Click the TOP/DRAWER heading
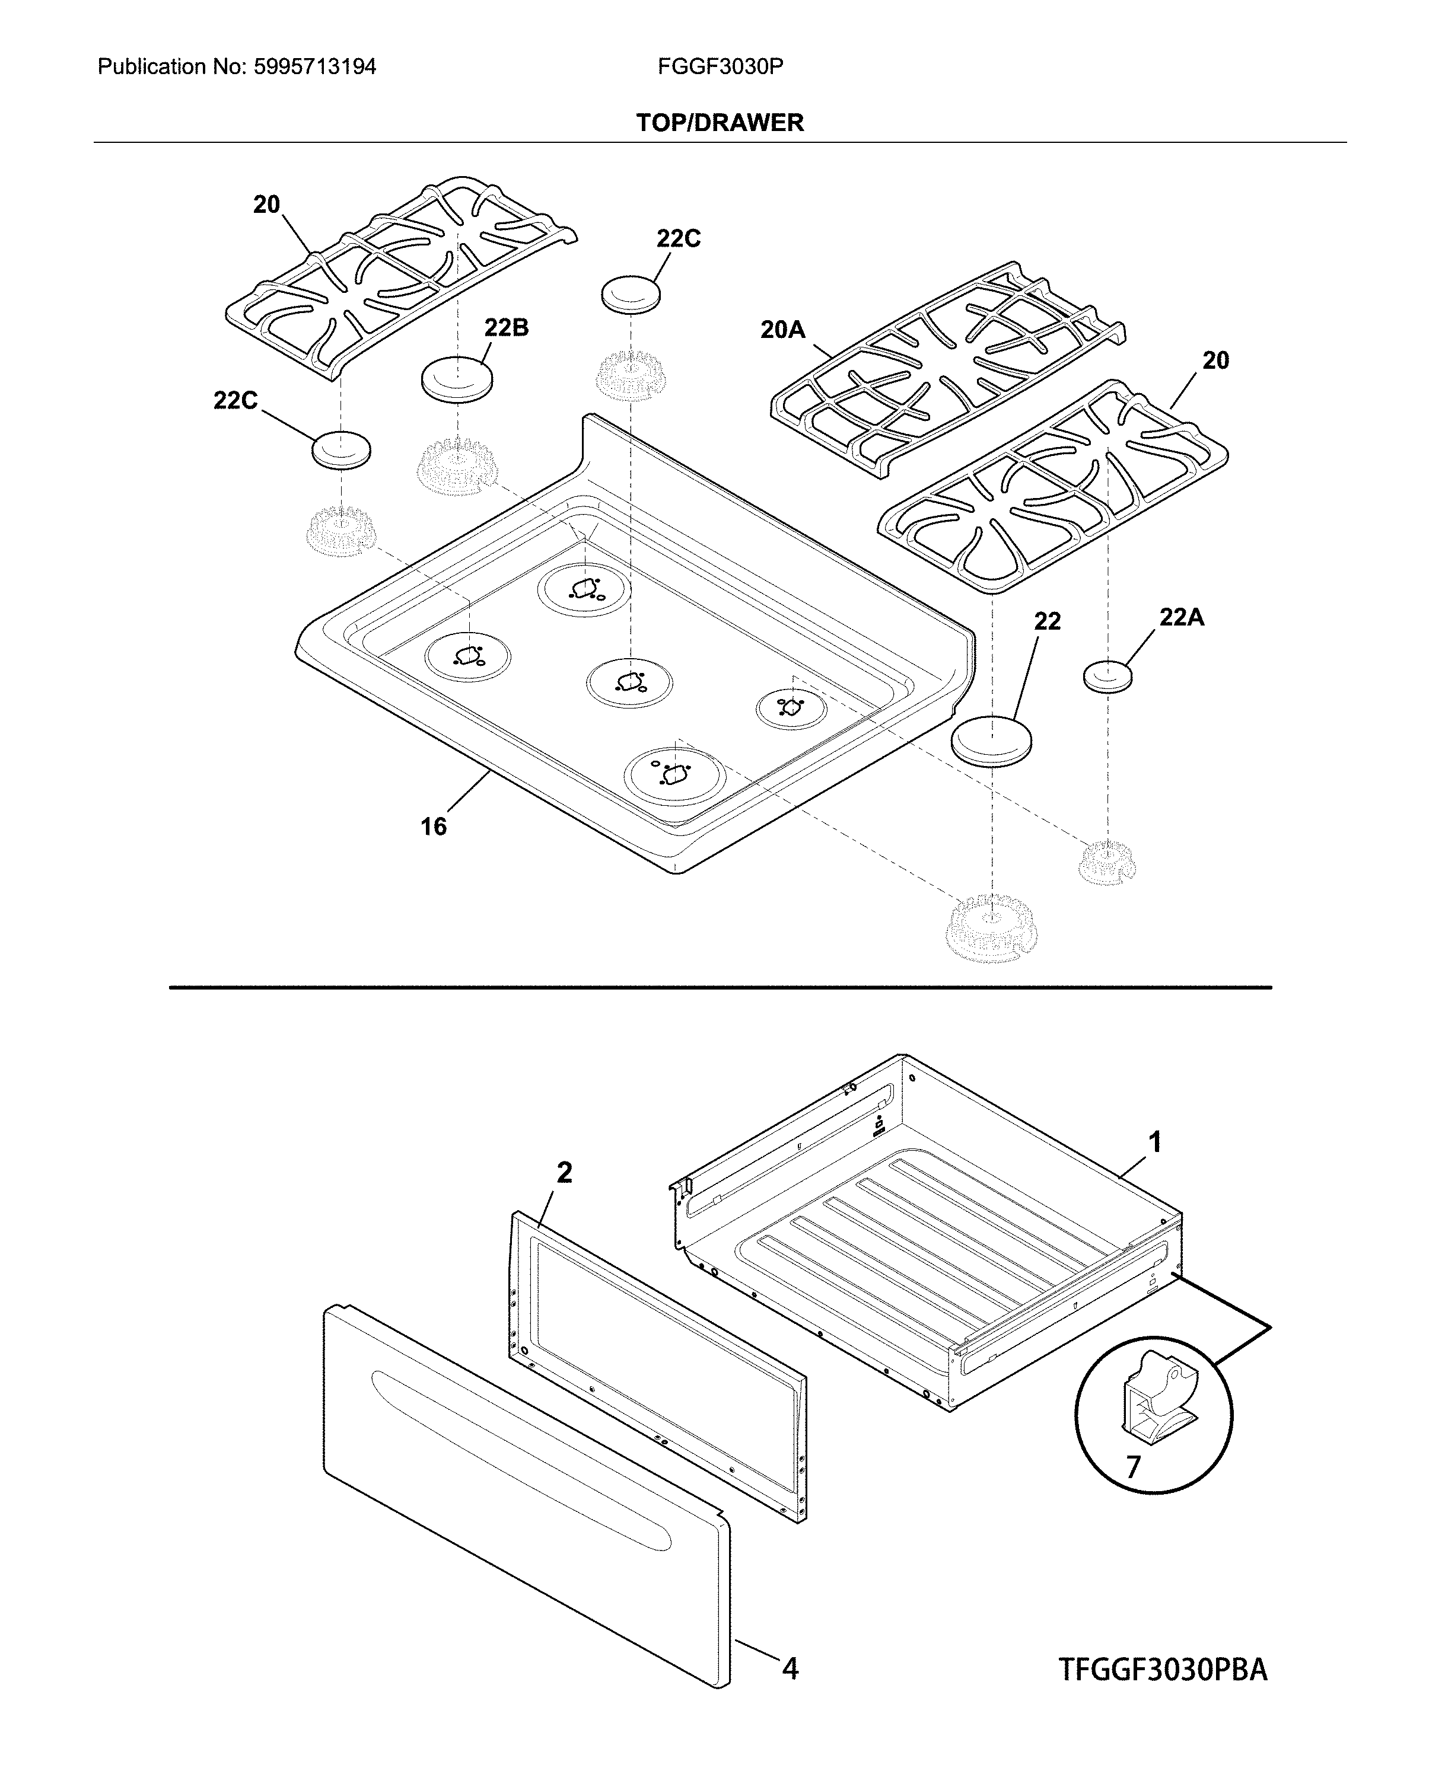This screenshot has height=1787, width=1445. [720, 123]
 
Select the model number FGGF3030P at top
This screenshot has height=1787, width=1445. [720, 66]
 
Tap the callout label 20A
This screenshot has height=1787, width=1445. [782, 330]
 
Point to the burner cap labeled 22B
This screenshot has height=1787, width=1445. [457, 379]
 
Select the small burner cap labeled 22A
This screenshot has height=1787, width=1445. [1108, 675]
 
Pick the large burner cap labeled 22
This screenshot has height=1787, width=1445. [991, 739]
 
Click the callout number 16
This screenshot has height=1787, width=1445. [433, 826]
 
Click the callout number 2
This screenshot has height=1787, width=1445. [564, 1173]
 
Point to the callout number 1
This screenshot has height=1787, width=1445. [1154, 1143]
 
